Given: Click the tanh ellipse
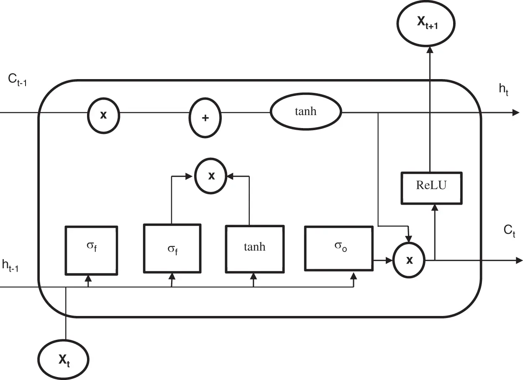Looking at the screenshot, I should (x=306, y=112).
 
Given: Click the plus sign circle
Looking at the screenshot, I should (x=205, y=118).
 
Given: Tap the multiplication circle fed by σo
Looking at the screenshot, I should (x=409, y=260).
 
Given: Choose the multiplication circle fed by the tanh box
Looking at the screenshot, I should (x=211, y=176).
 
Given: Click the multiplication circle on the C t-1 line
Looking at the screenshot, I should (x=103, y=115).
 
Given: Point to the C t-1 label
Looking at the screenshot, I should (x=18, y=80).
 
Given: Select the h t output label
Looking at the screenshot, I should (x=503, y=90).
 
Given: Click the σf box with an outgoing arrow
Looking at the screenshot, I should (x=172, y=249).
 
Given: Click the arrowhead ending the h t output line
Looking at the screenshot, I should (x=518, y=112).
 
